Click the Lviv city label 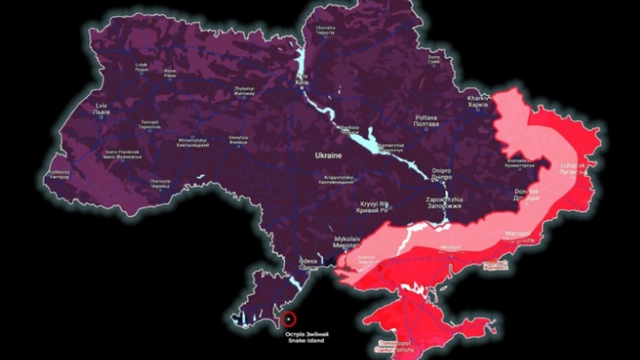coord(102,108)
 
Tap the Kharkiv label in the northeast coord(478,101)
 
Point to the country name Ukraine coord(328,156)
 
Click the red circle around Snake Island coord(290,318)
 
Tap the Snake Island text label coord(306,337)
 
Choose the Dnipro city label coord(441,174)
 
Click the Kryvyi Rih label coord(374,207)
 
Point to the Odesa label coord(307,264)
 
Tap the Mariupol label coord(518,236)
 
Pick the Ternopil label coord(149,124)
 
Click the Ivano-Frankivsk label coord(123,154)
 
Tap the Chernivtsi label coord(160,184)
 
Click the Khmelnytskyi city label coord(192,142)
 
